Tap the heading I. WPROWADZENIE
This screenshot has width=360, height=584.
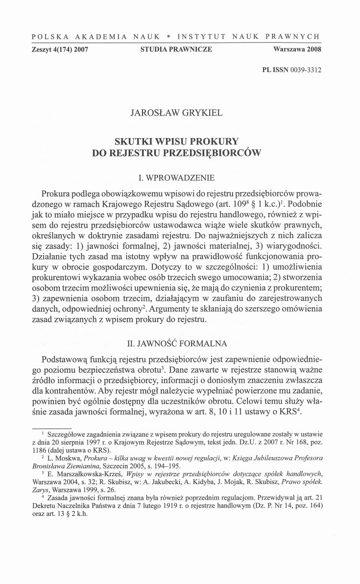pos(180,174)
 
